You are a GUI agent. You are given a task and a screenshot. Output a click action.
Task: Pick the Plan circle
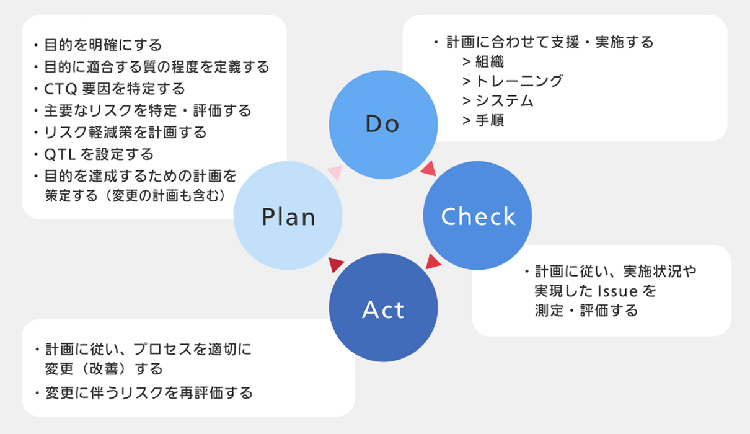(x=288, y=217)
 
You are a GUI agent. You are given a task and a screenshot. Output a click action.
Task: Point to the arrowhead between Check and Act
(x=433, y=262)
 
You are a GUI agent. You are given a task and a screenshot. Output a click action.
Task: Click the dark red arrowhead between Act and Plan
(x=337, y=265)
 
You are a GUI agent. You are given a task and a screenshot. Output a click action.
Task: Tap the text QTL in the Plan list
(x=58, y=154)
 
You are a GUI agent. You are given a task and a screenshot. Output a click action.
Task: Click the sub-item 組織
(x=490, y=61)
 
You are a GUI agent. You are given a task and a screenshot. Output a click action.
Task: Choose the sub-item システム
(x=504, y=100)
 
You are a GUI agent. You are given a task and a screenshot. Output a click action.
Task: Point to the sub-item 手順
(x=490, y=120)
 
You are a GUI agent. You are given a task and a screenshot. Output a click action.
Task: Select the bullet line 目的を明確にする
(x=102, y=45)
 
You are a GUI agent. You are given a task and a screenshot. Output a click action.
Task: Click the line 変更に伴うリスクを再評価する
(x=149, y=392)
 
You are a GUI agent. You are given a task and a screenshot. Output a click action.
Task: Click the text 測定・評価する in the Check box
(x=586, y=310)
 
